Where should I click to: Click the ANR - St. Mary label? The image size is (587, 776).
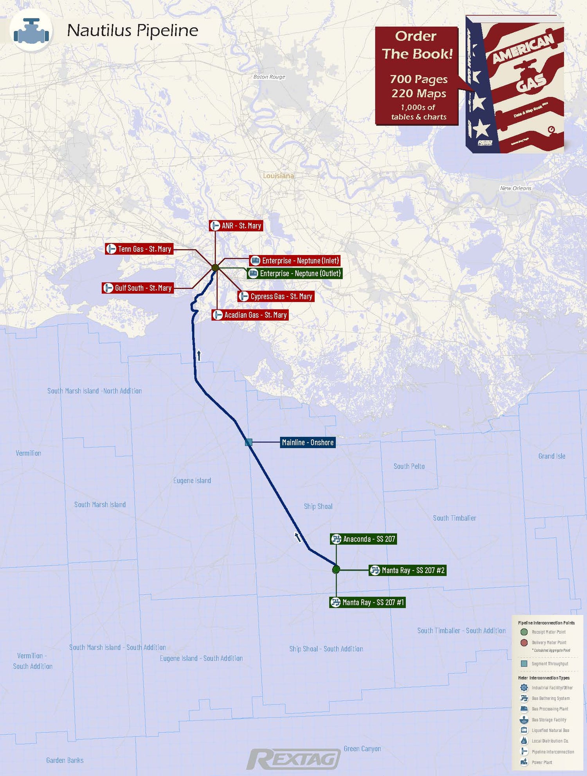[236, 226]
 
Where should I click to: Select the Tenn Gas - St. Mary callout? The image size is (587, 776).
[139, 249]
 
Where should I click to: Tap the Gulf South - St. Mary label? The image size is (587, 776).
[137, 288]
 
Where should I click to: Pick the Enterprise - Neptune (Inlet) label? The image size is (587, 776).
[295, 260]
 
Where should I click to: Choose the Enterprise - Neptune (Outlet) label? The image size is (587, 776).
[295, 273]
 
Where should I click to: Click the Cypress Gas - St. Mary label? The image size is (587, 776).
[276, 296]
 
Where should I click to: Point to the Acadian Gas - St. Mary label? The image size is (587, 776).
[250, 315]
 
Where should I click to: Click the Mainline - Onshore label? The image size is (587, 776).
[308, 442]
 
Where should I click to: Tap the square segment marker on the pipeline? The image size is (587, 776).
[248, 442]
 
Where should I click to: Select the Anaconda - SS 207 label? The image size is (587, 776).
[364, 539]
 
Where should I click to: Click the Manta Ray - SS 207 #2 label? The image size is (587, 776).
[408, 570]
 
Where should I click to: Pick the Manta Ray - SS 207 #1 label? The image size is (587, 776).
[367, 602]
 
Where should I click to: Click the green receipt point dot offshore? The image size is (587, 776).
[336, 569]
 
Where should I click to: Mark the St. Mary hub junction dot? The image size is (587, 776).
[215, 268]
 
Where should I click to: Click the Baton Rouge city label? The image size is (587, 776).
[269, 77]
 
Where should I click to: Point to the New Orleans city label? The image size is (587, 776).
[515, 188]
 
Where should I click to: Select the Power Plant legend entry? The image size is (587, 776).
[542, 762]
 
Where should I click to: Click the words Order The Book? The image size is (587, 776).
[417, 45]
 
